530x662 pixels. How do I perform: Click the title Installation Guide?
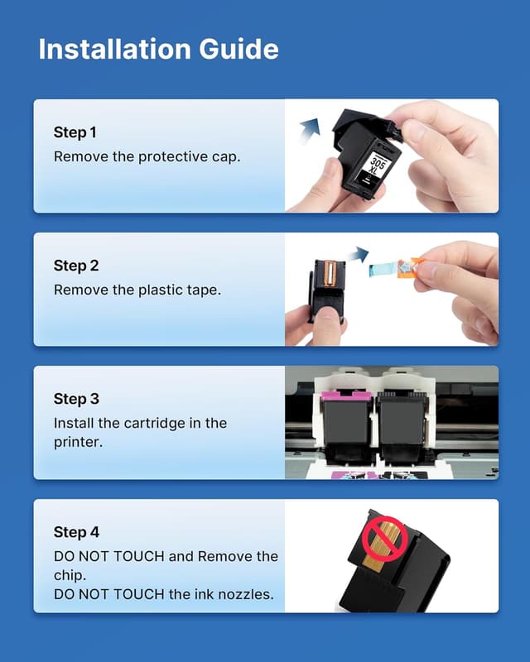158,49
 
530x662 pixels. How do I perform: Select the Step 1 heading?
75,132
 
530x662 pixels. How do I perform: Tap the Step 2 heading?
76,266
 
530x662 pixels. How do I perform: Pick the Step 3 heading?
76,399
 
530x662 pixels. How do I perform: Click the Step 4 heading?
76,532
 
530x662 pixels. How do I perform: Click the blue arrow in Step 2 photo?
357,253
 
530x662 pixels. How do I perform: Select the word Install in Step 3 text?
74,423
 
